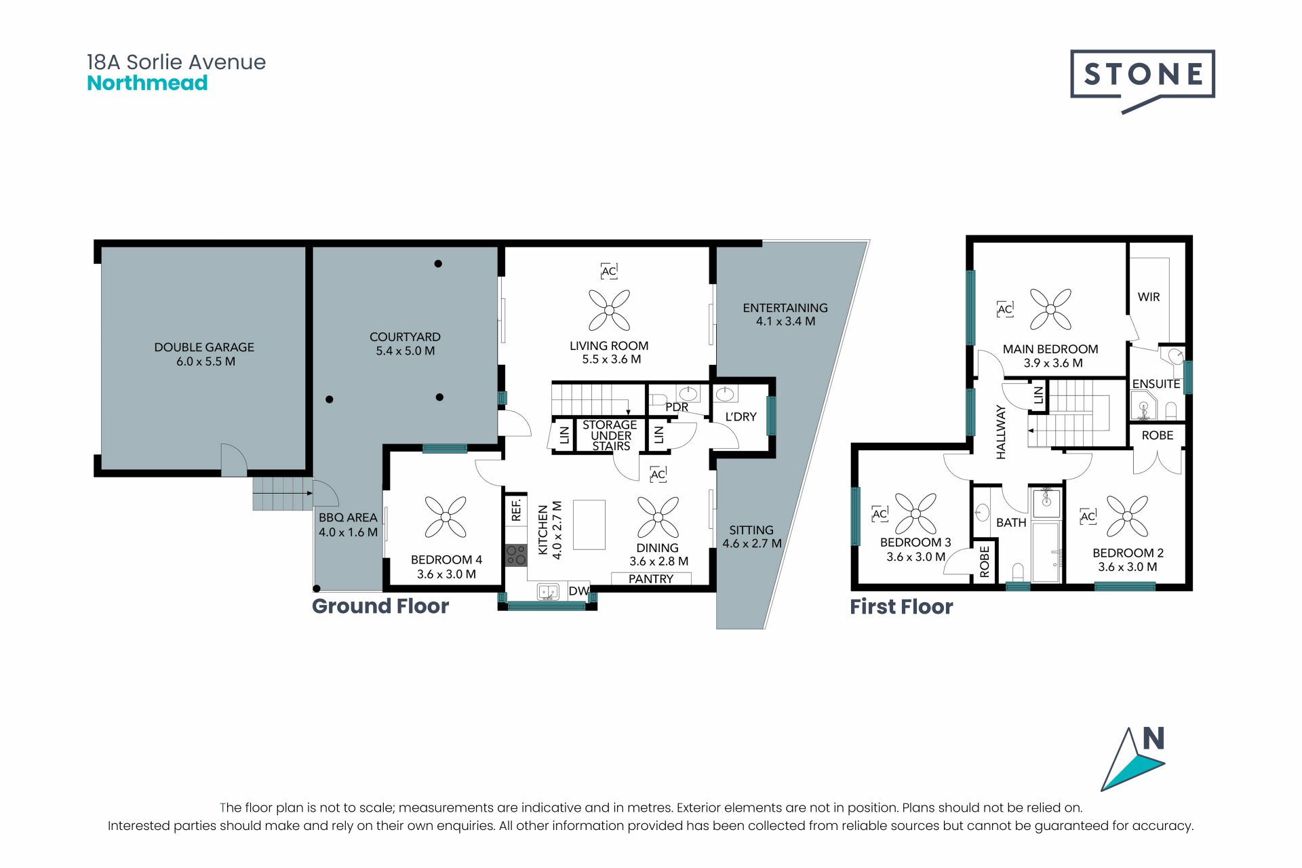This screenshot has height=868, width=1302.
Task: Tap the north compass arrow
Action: (x=1132, y=759)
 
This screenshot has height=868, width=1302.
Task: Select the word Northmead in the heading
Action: (x=147, y=83)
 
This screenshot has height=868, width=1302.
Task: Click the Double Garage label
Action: (x=204, y=354)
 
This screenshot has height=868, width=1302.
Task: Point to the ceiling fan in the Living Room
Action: (x=609, y=310)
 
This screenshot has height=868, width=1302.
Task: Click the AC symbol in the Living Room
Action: (x=609, y=271)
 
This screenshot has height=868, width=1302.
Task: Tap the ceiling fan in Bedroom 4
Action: (x=446, y=517)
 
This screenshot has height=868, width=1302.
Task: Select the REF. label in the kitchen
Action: (x=516, y=510)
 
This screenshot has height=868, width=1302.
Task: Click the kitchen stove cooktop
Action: (x=516, y=555)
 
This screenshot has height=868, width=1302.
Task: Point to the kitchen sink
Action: (x=547, y=592)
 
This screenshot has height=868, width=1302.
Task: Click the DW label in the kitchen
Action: (x=578, y=591)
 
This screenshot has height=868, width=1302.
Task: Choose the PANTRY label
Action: (x=651, y=579)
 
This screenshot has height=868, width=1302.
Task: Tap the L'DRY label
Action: (x=741, y=417)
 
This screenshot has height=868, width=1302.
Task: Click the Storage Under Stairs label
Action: (x=610, y=435)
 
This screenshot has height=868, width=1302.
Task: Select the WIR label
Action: (x=1149, y=297)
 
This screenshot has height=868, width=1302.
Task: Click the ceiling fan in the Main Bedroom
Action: (x=1050, y=309)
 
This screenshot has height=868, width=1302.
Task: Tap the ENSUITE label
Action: (x=1156, y=384)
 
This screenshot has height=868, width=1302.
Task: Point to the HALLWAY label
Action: (x=1001, y=432)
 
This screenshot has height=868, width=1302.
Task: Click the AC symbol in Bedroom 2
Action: (x=1088, y=517)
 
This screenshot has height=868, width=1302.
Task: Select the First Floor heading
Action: (x=901, y=606)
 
